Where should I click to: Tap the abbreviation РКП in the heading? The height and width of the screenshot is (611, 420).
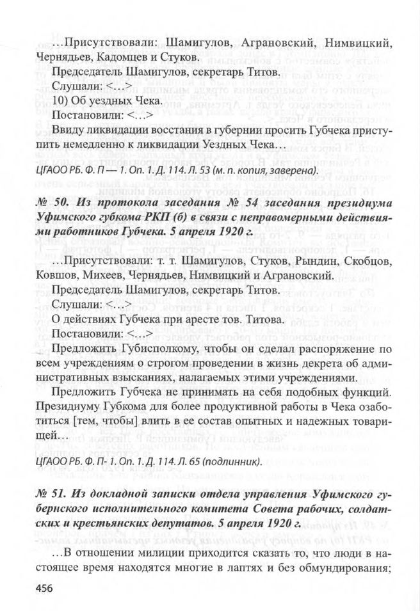pyautogui.click(x=150, y=218)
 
